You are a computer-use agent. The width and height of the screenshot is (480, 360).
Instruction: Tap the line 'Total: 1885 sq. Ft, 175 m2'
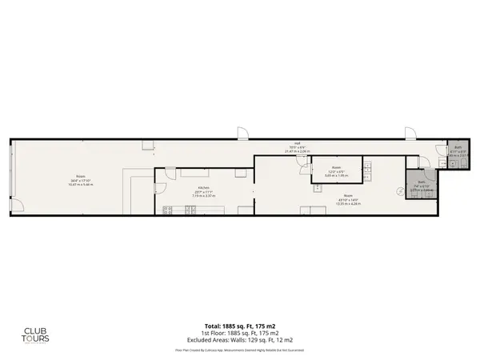pos(240,326)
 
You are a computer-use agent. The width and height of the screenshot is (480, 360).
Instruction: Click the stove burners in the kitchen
pos(168,210)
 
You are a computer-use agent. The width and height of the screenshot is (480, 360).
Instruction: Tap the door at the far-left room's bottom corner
pos(15,209)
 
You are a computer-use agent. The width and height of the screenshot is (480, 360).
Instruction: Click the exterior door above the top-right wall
pos(410,130)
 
